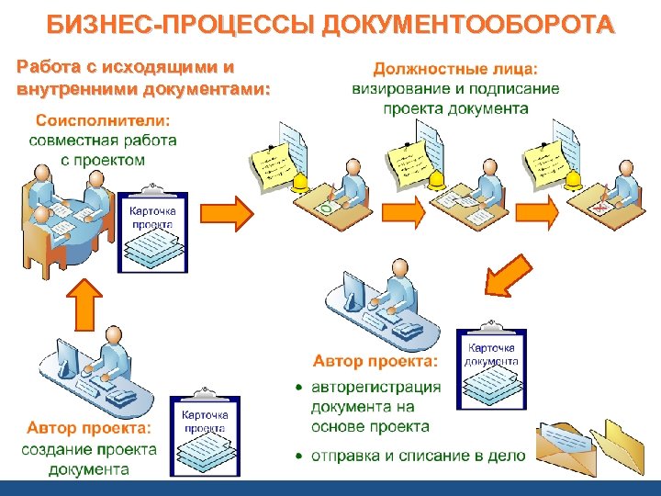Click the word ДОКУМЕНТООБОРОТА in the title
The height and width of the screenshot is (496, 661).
point(469,26)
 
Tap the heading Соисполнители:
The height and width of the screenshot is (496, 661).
point(104,120)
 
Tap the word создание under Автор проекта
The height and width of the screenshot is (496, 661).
point(57,449)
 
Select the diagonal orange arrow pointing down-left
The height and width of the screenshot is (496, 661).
point(504,269)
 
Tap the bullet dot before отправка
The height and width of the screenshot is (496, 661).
point(299,456)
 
